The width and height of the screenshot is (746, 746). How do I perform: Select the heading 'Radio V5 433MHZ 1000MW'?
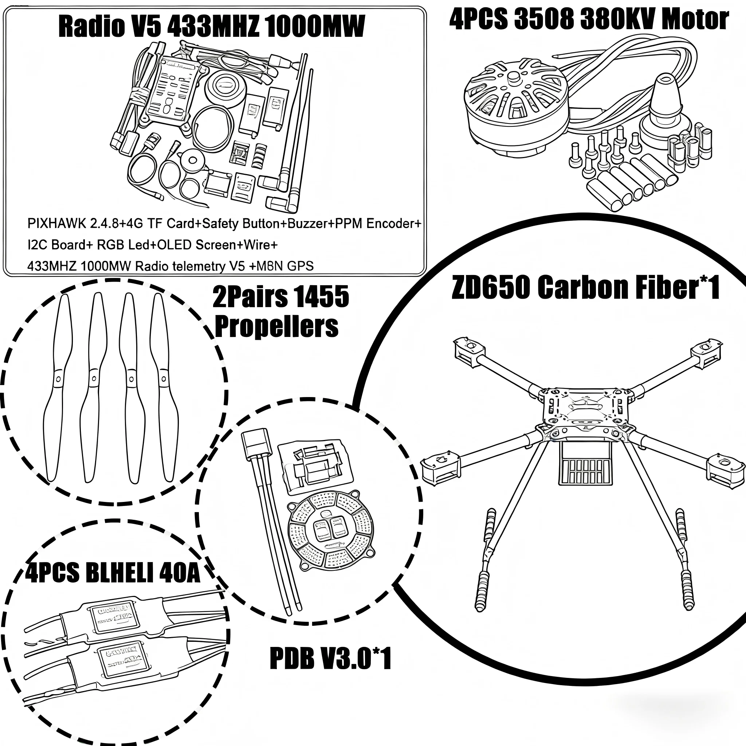pyautogui.click(x=212, y=27)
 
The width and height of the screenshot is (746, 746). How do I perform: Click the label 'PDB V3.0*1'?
pyautogui.click(x=330, y=659)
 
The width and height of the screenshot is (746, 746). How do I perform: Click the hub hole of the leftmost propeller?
pyautogui.click(x=58, y=379)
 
